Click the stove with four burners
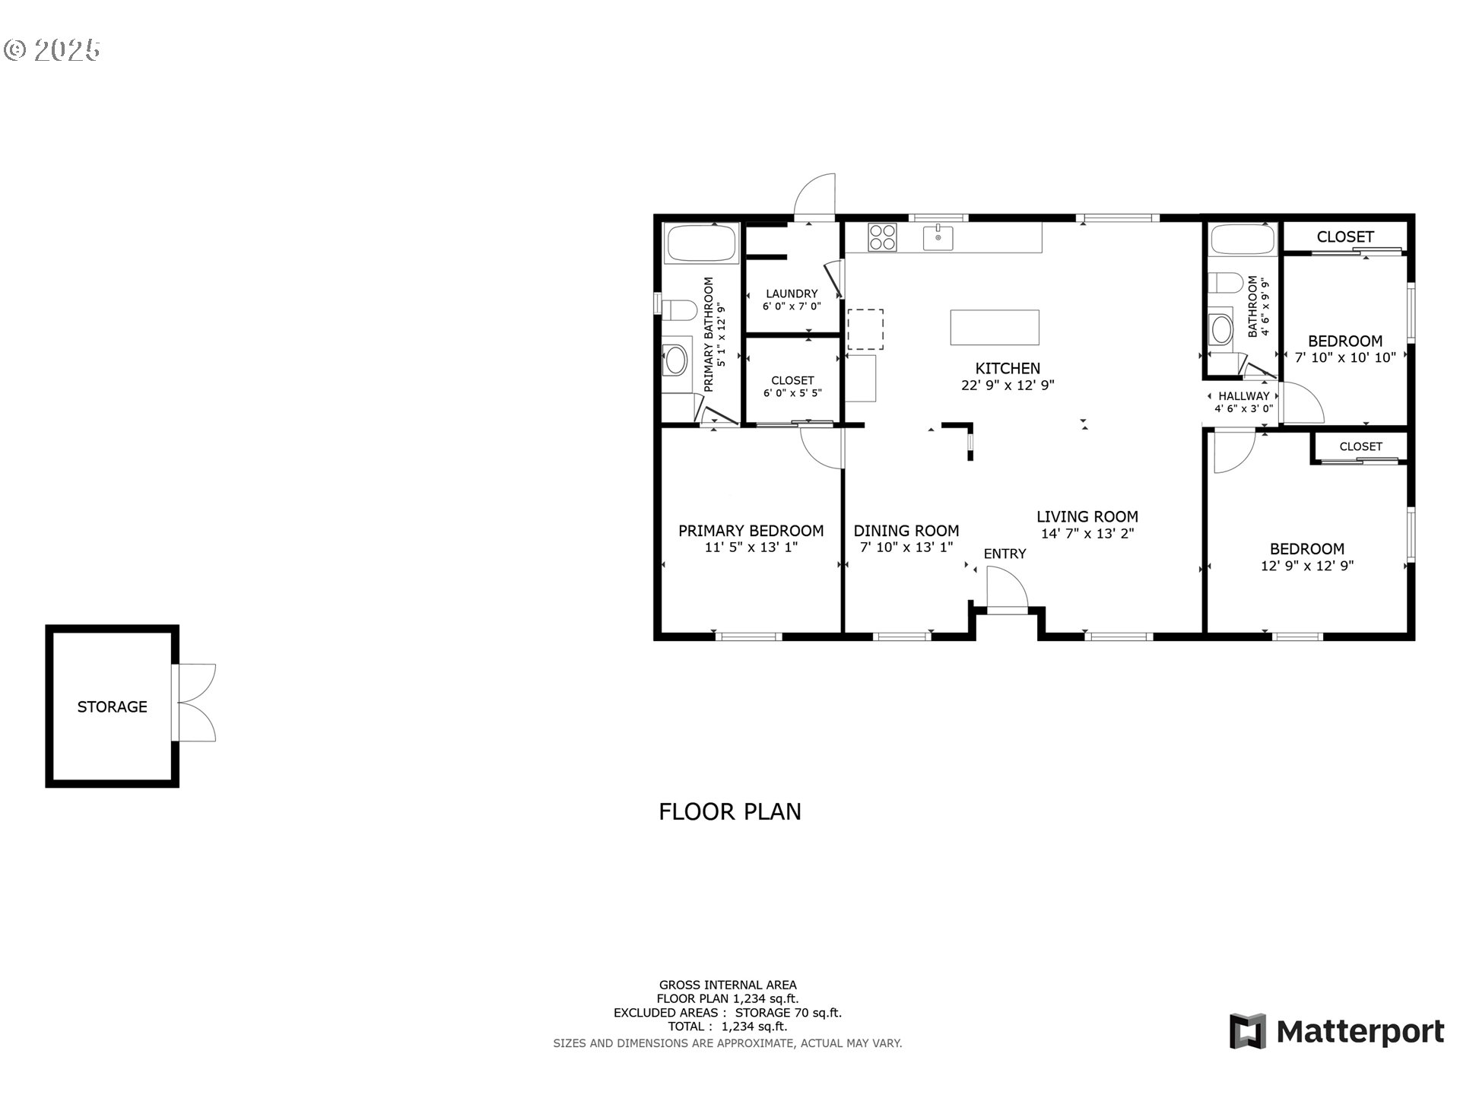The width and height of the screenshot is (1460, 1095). click(x=882, y=237)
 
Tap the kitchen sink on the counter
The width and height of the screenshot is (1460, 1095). click(x=938, y=237)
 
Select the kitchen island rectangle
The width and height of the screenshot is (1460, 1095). click(x=995, y=327)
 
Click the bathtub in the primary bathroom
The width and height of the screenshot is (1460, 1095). click(x=702, y=243)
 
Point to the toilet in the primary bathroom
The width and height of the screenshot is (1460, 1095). click(x=680, y=310)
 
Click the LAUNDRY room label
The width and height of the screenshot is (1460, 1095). click(x=792, y=294)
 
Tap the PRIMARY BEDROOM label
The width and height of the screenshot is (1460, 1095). click(x=751, y=531)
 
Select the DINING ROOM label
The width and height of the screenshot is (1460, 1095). click(x=906, y=531)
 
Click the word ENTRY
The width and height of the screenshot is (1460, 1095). click(x=1005, y=554)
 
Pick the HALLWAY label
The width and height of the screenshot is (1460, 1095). click(x=1244, y=396)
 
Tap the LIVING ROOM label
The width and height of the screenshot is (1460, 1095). click(x=1087, y=516)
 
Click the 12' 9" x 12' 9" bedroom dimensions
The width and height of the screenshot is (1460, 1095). click(x=1307, y=566)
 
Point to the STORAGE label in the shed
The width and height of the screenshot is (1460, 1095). click(x=113, y=706)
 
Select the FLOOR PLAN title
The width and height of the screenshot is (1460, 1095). click(x=730, y=811)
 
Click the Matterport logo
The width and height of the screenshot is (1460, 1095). click(x=1337, y=1031)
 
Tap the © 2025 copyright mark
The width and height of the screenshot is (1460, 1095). click(x=52, y=50)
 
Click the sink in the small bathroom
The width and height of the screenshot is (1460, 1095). click(x=1221, y=329)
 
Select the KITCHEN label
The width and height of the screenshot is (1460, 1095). click(x=1008, y=368)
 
